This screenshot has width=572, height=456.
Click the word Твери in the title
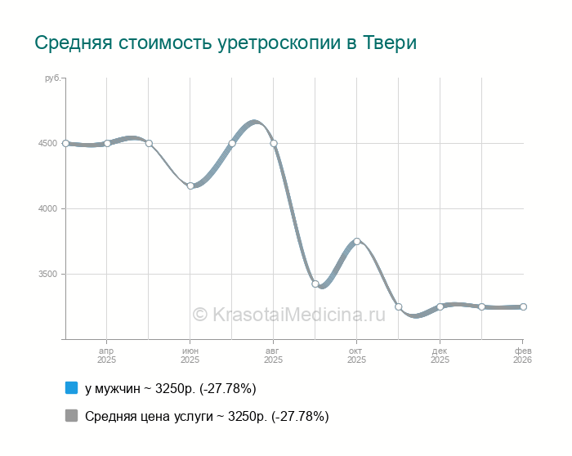click(x=390, y=42)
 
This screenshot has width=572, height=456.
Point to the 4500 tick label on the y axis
click(x=47, y=144)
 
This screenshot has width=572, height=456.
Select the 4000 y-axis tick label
click(x=47, y=209)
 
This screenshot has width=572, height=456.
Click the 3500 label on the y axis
click(x=47, y=275)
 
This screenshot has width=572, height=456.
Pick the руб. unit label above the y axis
click(x=52, y=78)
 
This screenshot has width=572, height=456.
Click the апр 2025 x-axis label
click(x=106, y=355)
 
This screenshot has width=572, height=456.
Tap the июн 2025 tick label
click(x=190, y=355)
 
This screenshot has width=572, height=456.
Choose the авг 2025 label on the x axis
click(x=273, y=355)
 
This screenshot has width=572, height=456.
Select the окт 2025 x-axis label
click(x=356, y=355)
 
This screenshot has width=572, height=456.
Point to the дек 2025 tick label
click(x=440, y=355)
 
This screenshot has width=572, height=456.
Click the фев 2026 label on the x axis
click(x=521, y=355)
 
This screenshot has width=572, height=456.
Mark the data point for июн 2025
click(x=190, y=186)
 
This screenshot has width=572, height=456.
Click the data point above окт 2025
click(x=357, y=241)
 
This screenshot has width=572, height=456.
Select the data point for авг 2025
click(x=274, y=143)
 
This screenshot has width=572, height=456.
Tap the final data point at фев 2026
click(x=523, y=306)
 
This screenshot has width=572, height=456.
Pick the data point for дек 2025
click(x=440, y=306)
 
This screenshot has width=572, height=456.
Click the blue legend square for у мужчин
click(x=71, y=387)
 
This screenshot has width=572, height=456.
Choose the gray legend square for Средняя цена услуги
click(x=71, y=416)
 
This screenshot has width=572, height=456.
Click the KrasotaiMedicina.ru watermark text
click(x=288, y=314)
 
